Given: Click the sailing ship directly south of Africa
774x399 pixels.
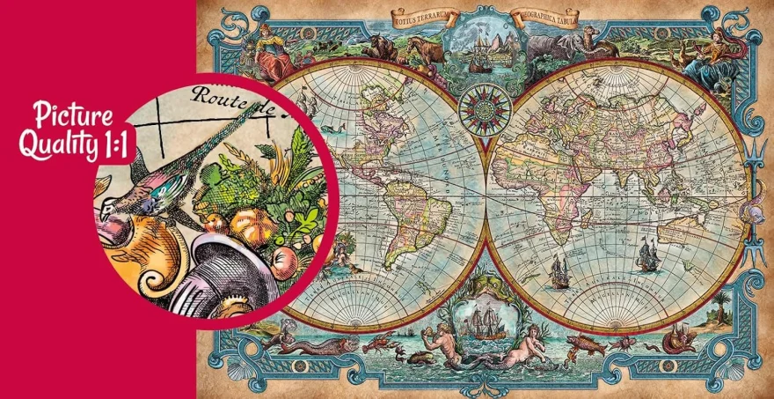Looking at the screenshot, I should (559, 272).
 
